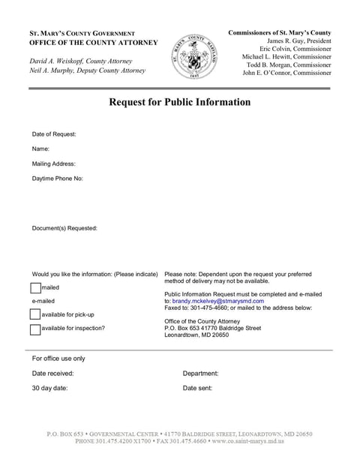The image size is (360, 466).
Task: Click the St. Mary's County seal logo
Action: click(x=194, y=56)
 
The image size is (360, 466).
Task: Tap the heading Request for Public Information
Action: click(x=180, y=102)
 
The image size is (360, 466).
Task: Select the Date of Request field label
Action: click(x=54, y=134)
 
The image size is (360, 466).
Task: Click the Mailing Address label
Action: click(x=53, y=164)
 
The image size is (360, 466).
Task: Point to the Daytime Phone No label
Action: click(x=58, y=179)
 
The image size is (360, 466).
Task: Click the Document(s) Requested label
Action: click(x=64, y=228)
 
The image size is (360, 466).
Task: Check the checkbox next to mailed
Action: click(x=36, y=287)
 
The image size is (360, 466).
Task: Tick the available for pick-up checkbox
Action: click(x=36, y=314)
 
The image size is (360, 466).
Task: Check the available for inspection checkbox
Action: click(x=36, y=329)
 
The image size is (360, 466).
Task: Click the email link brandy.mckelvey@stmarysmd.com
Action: click(x=218, y=301)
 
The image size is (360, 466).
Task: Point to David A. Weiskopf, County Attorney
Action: click(x=80, y=61)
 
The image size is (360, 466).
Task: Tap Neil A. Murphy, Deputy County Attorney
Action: click(x=87, y=71)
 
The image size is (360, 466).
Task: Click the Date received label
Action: click(x=52, y=373)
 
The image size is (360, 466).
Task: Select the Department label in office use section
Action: click(x=200, y=373)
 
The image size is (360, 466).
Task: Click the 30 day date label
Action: click(x=49, y=388)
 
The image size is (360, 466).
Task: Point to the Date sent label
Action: click(x=197, y=388)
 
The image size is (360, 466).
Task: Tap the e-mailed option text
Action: click(x=44, y=301)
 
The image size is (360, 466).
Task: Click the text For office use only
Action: click(x=58, y=359)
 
